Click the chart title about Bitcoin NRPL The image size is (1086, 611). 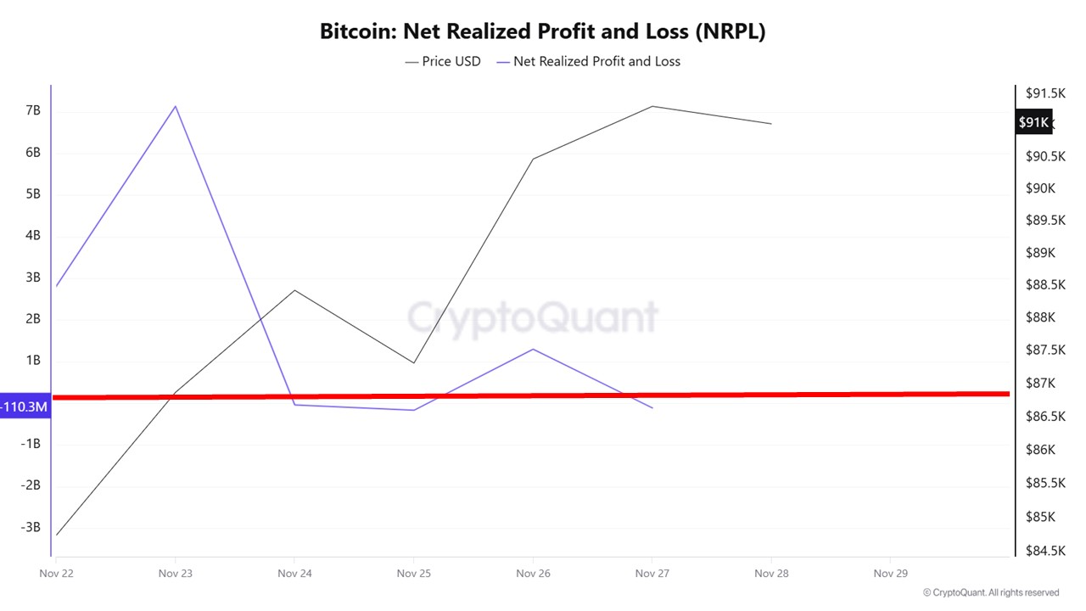pos(542,31)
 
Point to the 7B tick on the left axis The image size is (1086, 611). pos(33,111)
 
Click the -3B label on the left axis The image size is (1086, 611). pos(31,527)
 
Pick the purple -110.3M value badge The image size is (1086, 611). pos(25,407)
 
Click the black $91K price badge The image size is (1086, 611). pos(1033,122)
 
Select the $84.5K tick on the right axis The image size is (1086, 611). pos(1044,551)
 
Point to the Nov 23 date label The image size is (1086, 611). pos(176,574)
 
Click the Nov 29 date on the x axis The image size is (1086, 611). pos(890,574)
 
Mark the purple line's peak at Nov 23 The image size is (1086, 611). pos(176,106)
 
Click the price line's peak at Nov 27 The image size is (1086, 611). pos(652,106)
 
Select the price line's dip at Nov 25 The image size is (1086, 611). pos(414,363)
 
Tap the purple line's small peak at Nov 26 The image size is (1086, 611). pos(533,349)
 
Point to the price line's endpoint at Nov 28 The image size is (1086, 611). pos(771,124)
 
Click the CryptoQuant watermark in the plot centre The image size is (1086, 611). pos(533,317)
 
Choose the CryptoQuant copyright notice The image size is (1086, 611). pos(991,593)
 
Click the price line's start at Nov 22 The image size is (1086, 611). pos(57,535)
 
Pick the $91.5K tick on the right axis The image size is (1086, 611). pos(1044,92)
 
